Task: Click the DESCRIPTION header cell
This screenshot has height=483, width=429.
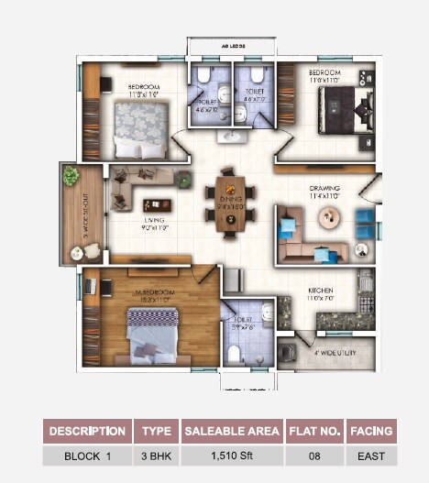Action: click(x=87, y=431)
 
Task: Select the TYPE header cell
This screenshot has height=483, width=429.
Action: click(x=156, y=431)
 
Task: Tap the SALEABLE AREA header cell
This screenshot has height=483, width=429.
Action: click(x=232, y=431)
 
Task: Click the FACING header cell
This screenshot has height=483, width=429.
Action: click(x=371, y=431)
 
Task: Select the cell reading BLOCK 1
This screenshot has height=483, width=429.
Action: click(x=87, y=456)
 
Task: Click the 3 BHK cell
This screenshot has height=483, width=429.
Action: click(x=156, y=456)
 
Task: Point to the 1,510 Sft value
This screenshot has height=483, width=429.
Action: click(x=232, y=456)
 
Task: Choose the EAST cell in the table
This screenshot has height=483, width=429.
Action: click(x=371, y=456)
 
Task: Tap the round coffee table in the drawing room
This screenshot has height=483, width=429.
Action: click(x=329, y=216)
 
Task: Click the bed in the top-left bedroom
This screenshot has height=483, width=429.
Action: click(x=141, y=129)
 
